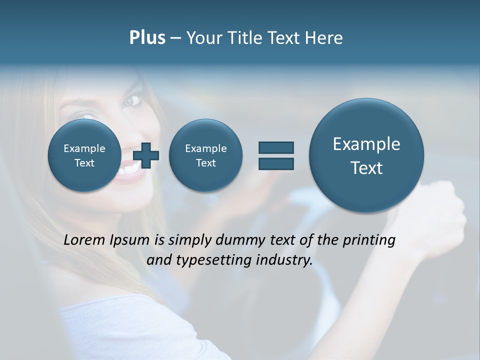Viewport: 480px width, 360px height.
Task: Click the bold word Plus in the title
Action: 147,38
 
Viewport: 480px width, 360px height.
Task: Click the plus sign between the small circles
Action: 146,156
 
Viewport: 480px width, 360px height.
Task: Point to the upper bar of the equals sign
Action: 276,147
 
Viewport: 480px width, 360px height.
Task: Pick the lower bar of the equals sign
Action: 276,163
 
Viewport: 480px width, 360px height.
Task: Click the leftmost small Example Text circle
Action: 84,155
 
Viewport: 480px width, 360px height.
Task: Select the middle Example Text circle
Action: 205,155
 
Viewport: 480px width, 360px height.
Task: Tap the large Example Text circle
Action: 366,155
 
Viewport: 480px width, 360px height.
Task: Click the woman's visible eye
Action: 131,101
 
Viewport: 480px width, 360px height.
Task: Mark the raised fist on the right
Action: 440,210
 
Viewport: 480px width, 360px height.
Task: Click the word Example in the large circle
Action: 366,144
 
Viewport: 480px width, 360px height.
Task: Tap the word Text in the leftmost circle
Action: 84,163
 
